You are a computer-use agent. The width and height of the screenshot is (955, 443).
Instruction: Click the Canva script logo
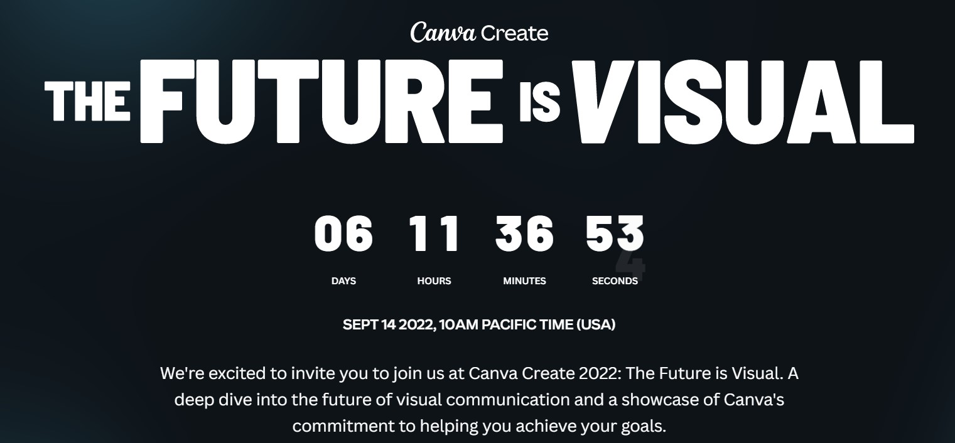(443, 33)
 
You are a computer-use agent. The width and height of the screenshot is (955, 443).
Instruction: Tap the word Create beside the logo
(514, 33)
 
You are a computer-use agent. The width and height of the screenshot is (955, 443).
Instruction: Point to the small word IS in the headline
(539, 104)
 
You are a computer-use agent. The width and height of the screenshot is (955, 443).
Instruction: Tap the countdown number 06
(343, 233)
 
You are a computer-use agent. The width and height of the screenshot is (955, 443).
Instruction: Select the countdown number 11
(434, 233)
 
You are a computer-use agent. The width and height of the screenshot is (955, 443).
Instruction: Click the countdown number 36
(524, 233)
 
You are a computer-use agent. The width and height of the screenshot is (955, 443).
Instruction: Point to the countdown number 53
(615, 233)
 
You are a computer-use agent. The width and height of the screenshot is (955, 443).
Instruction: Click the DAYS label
(343, 281)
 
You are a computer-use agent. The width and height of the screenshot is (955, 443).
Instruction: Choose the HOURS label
(434, 281)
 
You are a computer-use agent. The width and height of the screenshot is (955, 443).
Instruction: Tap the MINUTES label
(524, 281)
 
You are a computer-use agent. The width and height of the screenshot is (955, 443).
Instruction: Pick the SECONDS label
(615, 281)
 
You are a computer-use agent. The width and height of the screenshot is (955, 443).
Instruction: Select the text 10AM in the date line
(459, 325)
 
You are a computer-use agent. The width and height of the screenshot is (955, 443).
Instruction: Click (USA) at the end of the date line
(595, 325)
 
